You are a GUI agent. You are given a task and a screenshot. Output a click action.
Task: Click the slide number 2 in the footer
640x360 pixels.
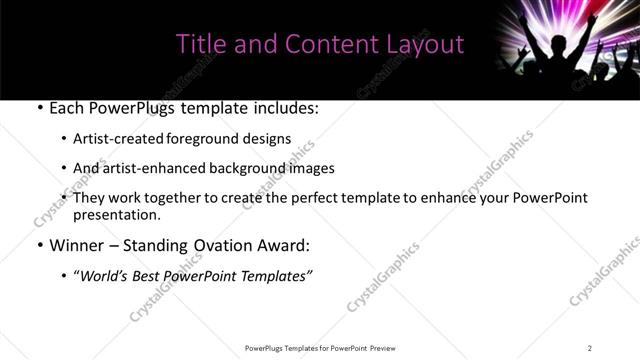pos(590,348)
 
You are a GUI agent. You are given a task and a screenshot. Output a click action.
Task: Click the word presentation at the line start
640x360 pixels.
pos(116,214)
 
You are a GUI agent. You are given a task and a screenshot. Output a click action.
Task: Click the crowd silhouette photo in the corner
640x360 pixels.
pos(564,50)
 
